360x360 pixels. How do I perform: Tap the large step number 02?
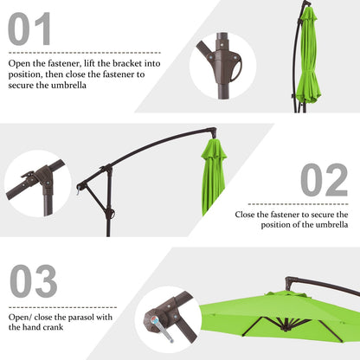pyautogui.click(x=324, y=180)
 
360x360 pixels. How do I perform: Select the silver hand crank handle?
pyautogui.click(x=157, y=328)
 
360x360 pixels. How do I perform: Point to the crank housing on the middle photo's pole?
pyautogui.click(x=108, y=213)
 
